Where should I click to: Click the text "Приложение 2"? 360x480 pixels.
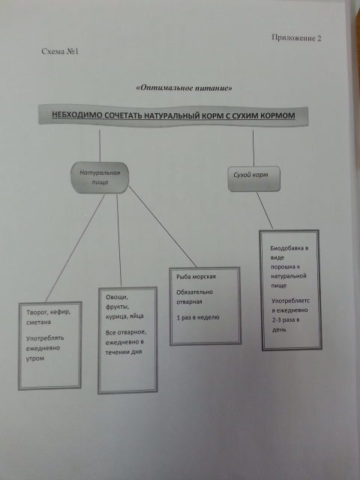[296, 37]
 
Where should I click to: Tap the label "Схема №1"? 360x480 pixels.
[60, 51]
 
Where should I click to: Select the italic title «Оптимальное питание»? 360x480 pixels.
[184, 88]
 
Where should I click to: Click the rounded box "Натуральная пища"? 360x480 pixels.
[100, 178]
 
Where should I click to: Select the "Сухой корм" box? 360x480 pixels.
[254, 178]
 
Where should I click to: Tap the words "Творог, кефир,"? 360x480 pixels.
[48, 313]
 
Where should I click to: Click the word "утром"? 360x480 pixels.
[35, 358]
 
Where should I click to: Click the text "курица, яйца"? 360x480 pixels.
[124, 316]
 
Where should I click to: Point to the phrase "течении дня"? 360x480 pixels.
[124, 352]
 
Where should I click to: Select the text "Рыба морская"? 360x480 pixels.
[196, 277]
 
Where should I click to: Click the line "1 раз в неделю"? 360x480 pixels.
[198, 317]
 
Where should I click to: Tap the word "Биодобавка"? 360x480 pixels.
[289, 248]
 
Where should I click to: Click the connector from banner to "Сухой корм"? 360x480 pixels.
[253, 148]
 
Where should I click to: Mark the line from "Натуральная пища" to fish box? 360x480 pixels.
[162, 226]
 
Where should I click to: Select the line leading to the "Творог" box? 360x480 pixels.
[75, 248]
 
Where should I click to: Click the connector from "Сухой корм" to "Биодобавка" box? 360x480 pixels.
[265, 211]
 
